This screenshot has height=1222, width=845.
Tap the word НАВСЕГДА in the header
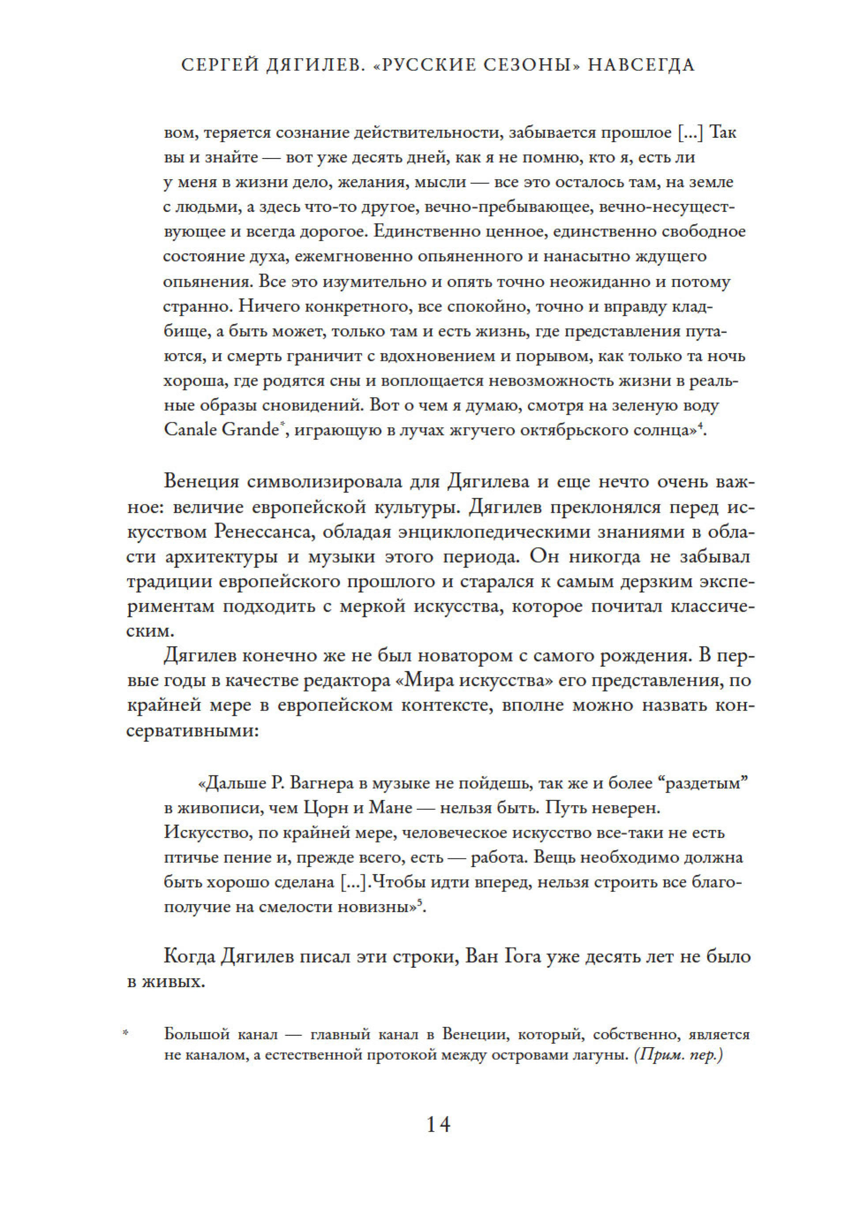pos(641,65)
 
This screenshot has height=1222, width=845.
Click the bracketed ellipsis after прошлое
pos(691,132)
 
